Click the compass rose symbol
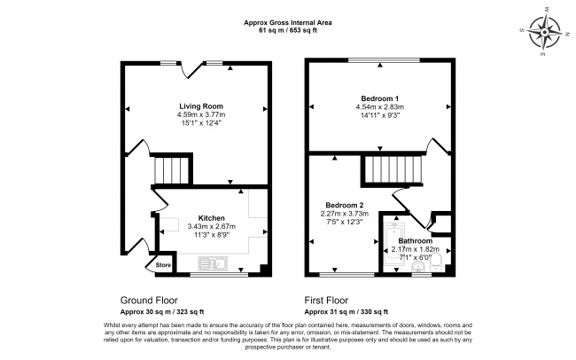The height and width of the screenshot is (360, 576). coord(544,32)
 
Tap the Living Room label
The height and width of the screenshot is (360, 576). coord(201,106)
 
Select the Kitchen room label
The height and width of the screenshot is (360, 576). coord(211,218)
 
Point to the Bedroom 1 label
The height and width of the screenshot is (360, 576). coord(380,98)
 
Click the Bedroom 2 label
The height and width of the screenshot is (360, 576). coord(345,205)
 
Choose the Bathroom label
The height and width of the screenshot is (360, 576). coord(416,241)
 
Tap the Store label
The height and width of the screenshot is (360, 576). coord(163,265)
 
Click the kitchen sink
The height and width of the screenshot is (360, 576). coord(213,263)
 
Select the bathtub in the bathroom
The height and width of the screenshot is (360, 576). coord(393,245)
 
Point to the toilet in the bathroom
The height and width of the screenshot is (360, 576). coord(436,263)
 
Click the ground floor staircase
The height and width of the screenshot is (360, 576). coord(172,170)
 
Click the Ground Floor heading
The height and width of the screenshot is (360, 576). coord(149,301)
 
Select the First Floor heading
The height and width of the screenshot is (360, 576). coord(326,301)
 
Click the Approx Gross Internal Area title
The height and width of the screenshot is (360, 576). coord(288,22)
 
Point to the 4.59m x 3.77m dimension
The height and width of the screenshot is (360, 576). coord(201,114)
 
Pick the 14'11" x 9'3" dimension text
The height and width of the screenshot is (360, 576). coord(380,115)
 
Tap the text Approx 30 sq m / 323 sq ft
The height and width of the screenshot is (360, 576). coord(162,312)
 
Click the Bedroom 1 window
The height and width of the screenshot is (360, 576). coord(384,60)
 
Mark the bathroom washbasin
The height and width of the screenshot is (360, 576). coord(418,266)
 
